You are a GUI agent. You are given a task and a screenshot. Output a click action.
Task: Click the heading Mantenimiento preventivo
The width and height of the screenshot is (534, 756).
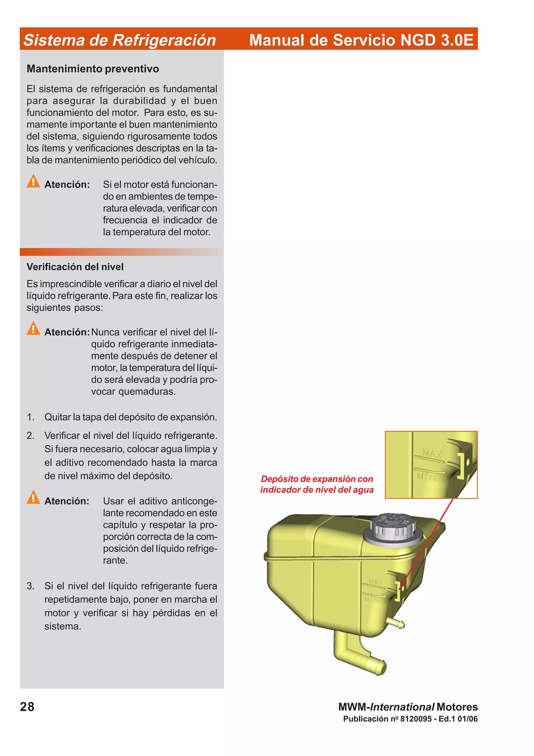pos(93,69)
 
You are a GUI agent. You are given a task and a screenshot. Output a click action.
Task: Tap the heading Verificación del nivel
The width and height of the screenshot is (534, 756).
pos(75,267)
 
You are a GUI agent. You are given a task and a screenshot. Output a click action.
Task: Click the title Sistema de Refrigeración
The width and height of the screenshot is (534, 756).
pos(120,40)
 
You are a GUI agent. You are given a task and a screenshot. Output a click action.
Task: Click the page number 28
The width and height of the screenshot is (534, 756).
pos(27,707)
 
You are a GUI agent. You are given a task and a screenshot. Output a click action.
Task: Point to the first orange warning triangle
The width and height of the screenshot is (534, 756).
pos(33,181)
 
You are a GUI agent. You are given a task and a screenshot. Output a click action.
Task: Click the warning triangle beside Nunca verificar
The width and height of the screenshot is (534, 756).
pos(33,329)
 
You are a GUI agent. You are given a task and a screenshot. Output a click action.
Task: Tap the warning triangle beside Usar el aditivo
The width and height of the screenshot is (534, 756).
pos(33,497)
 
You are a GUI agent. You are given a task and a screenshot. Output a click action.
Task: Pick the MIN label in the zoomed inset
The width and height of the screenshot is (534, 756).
pos(426,476)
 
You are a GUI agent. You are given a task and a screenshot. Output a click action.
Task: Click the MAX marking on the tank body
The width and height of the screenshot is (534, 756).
pos(376,582)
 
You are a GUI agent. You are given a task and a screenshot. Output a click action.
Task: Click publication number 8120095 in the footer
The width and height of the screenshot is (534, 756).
pos(416,719)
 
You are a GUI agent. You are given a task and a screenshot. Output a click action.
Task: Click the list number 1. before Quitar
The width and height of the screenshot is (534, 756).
pos(30,417)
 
